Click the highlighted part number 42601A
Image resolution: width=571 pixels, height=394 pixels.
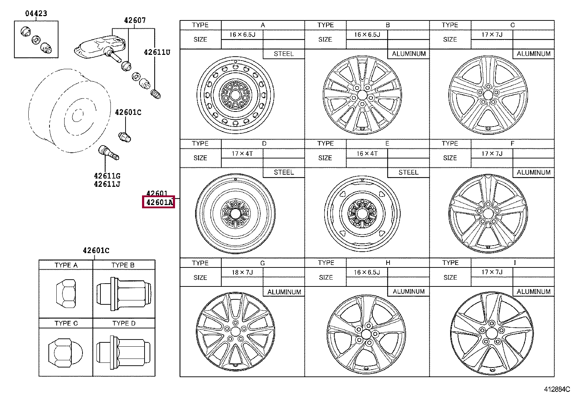[159, 203]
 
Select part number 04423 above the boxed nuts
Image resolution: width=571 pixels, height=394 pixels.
[36, 14]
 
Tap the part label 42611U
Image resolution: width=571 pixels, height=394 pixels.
[157, 52]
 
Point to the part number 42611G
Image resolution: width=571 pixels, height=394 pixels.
[107, 176]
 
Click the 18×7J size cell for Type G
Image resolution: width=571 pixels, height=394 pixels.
[242, 272]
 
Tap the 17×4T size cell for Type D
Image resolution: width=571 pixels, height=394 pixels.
[242, 153]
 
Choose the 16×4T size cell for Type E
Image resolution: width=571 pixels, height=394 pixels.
[367, 153]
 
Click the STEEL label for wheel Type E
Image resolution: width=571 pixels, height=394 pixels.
[408, 172]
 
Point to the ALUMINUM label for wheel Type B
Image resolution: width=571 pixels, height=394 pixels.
[409, 54]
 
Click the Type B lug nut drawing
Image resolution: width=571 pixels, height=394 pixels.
[124, 293]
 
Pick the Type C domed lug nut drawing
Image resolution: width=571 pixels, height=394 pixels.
[65, 351]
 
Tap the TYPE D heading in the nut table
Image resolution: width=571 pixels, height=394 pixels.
[124, 323]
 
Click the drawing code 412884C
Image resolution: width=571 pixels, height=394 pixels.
[556, 389]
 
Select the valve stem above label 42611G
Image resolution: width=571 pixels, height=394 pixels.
[108, 152]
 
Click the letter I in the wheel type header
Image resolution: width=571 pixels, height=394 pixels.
[514, 263]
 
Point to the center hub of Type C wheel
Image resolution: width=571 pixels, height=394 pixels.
[487, 95]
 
